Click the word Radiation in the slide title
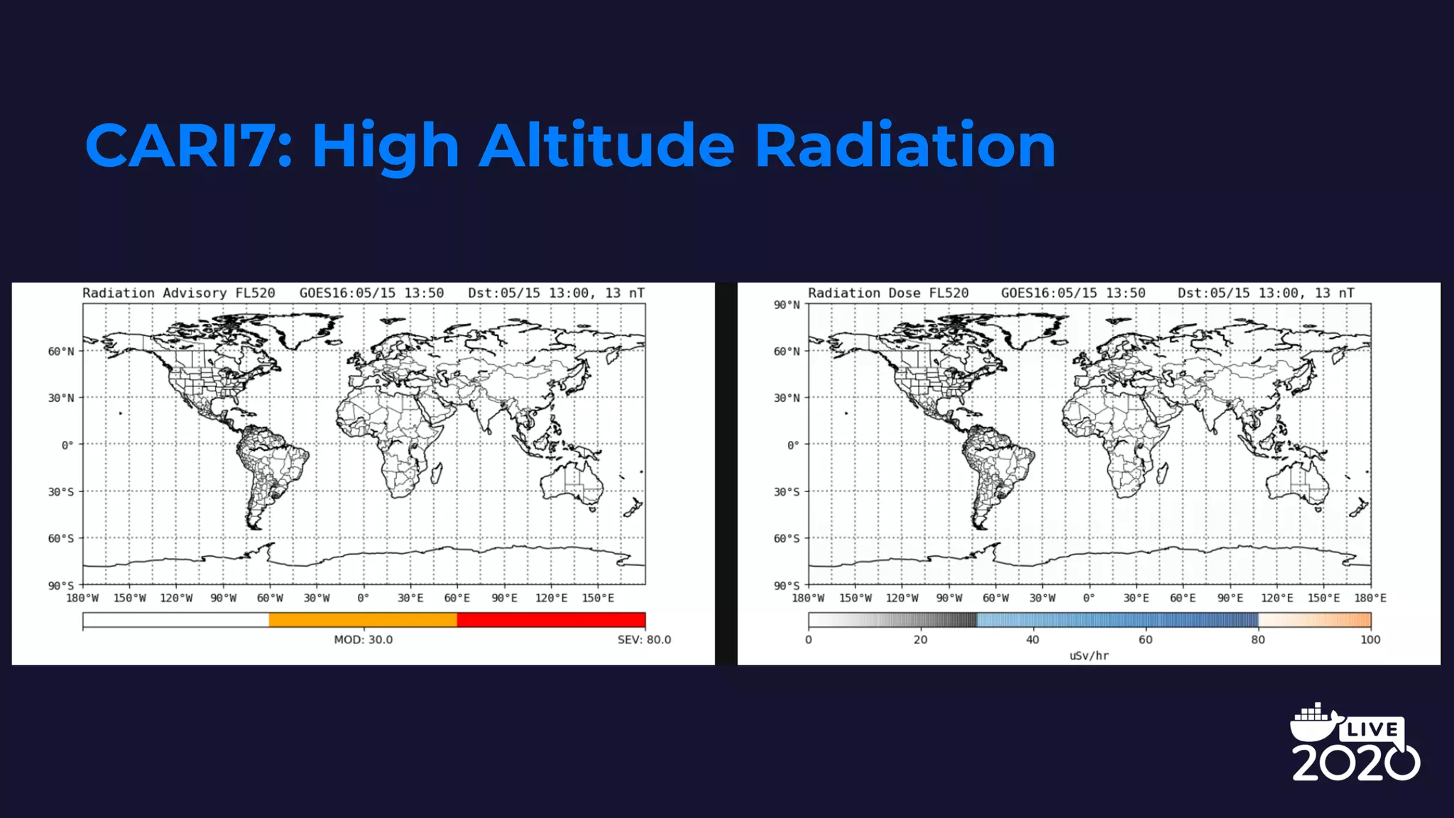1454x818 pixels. pyautogui.click(x=904, y=146)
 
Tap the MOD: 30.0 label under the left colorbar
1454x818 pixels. pyautogui.click(x=363, y=640)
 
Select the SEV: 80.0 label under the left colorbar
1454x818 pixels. pyautogui.click(x=643, y=640)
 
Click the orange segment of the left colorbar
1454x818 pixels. pyautogui.click(x=363, y=620)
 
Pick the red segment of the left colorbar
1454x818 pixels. pyautogui.click(x=551, y=620)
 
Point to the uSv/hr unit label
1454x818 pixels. pyautogui.click(x=1088, y=655)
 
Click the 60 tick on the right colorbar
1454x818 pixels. pyautogui.click(x=1145, y=640)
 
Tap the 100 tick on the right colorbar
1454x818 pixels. pyautogui.click(x=1370, y=640)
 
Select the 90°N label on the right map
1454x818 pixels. pyautogui.click(x=787, y=305)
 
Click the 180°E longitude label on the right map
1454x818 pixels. pyautogui.click(x=1370, y=598)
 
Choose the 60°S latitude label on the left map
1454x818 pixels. pyautogui.click(x=61, y=538)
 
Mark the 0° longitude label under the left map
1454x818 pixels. pyautogui.click(x=363, y=598)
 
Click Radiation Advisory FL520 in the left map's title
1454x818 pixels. pyautogui.click(x=178, y=293)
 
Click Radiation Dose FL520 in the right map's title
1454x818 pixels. pyautogui.click(x=887, y=293)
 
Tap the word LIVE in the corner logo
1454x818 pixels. pyautogui.click(x=1372, y=729)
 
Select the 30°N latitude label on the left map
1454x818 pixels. pyautogui.click(x=61, y=398)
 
